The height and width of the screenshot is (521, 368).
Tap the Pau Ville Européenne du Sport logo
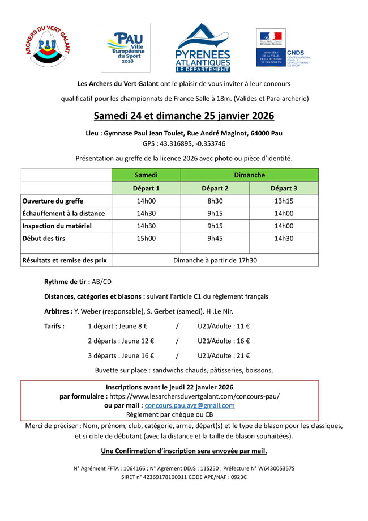(x=126, y=48)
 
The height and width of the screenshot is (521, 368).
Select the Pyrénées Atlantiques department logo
(x=203, y=48)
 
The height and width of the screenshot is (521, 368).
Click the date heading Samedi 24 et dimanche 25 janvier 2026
(x=183, y=116)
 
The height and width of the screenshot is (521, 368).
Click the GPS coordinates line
(x=183, y=143)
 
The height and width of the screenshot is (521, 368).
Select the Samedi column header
(x=146, y=175)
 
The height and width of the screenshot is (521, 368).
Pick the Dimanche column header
(x=249, y=175)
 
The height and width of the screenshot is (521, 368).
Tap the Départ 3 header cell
(x=284, y=188)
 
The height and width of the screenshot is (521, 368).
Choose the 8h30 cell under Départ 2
(x=215, y=201)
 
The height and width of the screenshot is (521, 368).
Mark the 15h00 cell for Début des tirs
(x=146, y=239)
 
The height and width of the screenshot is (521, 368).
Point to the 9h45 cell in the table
(x=215, y=239)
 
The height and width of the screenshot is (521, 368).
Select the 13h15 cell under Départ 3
(x=284, y=201)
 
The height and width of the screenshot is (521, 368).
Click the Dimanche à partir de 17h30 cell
(x=215, y=260)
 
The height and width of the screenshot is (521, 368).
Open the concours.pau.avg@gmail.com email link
(x=190, y=406)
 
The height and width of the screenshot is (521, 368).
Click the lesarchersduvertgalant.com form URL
(x=194, y=396)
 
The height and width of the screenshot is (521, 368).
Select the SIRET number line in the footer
(x=183, y=477)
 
